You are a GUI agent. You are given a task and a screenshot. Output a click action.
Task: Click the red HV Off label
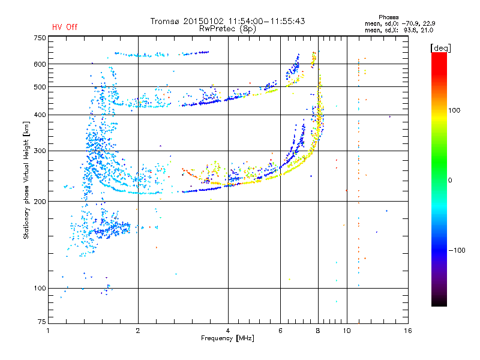65,27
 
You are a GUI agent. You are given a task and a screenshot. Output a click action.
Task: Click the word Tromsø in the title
165,21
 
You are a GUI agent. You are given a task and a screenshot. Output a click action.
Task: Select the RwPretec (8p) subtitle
227,29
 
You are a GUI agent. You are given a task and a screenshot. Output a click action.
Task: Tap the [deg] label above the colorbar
440,48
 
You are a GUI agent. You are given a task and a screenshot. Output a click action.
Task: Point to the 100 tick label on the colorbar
454,110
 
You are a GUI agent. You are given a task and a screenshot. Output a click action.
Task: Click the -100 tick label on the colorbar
457,250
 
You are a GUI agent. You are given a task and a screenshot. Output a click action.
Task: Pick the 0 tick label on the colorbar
450,180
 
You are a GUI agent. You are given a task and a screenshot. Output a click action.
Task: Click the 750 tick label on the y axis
40,38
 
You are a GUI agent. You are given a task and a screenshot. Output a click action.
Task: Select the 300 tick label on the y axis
40,151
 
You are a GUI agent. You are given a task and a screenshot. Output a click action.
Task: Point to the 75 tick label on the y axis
42,322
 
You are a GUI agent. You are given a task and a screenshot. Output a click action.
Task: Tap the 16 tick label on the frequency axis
407,331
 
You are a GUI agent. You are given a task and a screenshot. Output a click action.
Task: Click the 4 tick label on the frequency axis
228,331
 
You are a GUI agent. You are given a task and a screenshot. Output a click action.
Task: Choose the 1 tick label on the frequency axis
48,331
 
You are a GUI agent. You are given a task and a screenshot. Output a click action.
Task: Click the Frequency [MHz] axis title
227,338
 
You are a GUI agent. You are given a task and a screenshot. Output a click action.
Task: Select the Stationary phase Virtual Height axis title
26,180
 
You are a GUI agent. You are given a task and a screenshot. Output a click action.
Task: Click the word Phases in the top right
388,17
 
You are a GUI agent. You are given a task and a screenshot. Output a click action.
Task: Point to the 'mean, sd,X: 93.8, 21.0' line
399,31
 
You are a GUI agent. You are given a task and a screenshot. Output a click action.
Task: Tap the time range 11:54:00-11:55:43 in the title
266,21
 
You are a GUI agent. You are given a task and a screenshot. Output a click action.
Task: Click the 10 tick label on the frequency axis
347,331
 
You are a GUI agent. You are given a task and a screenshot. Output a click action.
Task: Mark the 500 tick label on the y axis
40,87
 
